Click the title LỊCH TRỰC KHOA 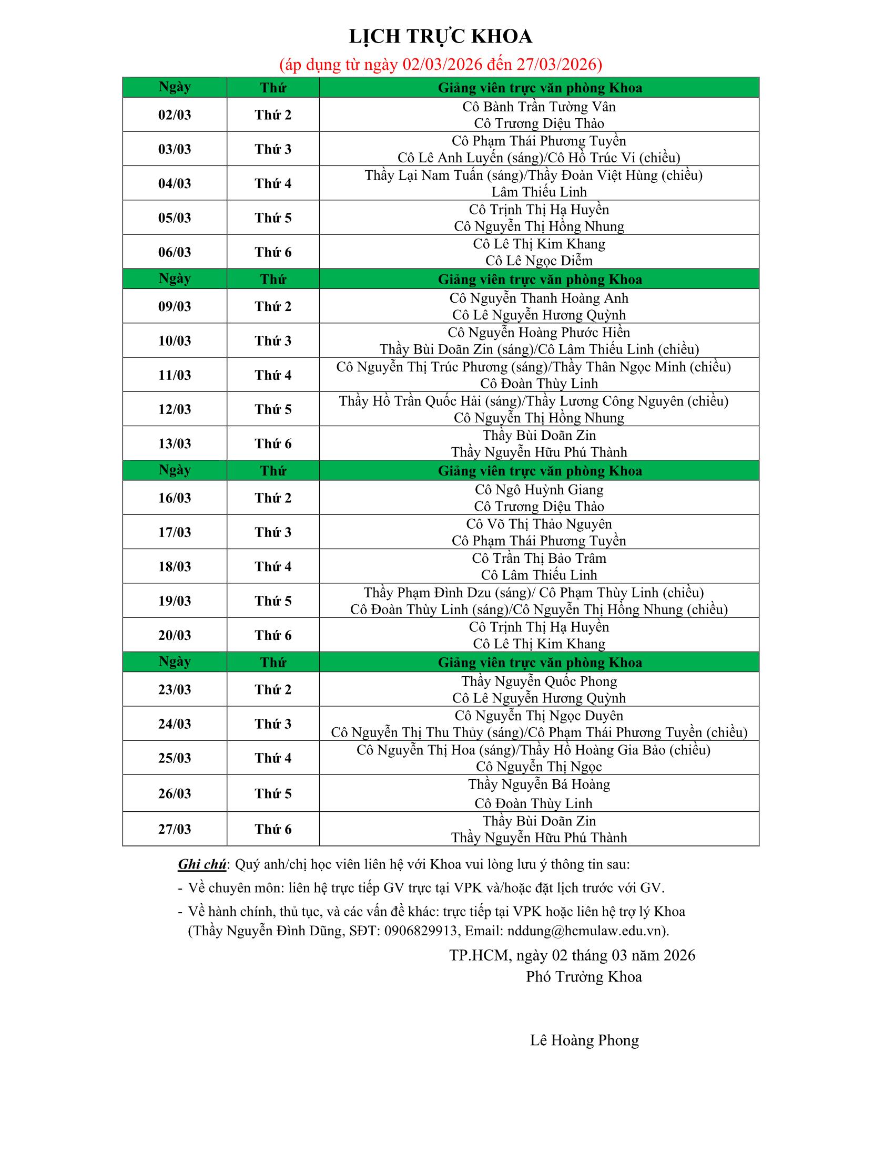point(440,37)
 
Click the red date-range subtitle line point(440,65)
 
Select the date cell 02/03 point(174,115)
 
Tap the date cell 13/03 point(174,443)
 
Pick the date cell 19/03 point(174,601)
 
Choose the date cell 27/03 point(174,829)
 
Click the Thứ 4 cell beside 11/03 point(273,375)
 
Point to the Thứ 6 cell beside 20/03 point(273,635)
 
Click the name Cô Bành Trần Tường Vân point(539,107)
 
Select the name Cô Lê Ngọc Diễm point(539,261)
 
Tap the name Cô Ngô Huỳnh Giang point(539,490)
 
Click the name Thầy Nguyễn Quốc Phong point(539,681)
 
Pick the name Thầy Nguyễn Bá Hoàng point(539,784)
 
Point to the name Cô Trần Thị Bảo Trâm point(539,559)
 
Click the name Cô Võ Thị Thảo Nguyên point(539,524)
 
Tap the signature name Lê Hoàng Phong point(584,1040)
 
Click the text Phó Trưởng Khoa point(584,977)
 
